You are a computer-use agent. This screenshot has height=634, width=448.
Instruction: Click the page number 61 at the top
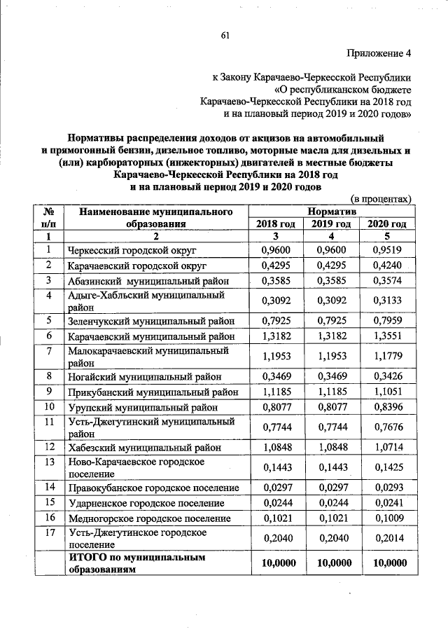[225, 36]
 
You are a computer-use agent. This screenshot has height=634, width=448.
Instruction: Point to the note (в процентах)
[380, 200]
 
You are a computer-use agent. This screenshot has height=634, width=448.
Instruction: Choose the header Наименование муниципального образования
[155, 217]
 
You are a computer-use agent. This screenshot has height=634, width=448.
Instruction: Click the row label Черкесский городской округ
[132, 250]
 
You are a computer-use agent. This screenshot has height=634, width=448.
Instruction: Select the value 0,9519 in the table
[387, 250]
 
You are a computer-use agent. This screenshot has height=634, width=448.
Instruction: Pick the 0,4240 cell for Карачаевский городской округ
[387, 266]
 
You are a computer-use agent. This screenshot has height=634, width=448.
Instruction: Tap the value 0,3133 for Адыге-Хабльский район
[387, 302]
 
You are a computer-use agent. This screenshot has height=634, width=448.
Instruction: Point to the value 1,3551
[387, 338]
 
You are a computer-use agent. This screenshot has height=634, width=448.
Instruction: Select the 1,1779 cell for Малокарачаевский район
[387, 357]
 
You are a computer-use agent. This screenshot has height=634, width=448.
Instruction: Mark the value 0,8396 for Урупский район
[387, 408]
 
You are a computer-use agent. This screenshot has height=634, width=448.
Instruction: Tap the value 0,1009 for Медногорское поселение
[387, 519]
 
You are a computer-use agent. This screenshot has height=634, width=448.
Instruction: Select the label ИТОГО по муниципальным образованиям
[137, 563]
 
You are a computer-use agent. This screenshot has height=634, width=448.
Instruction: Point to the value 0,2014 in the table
[387, 539]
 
